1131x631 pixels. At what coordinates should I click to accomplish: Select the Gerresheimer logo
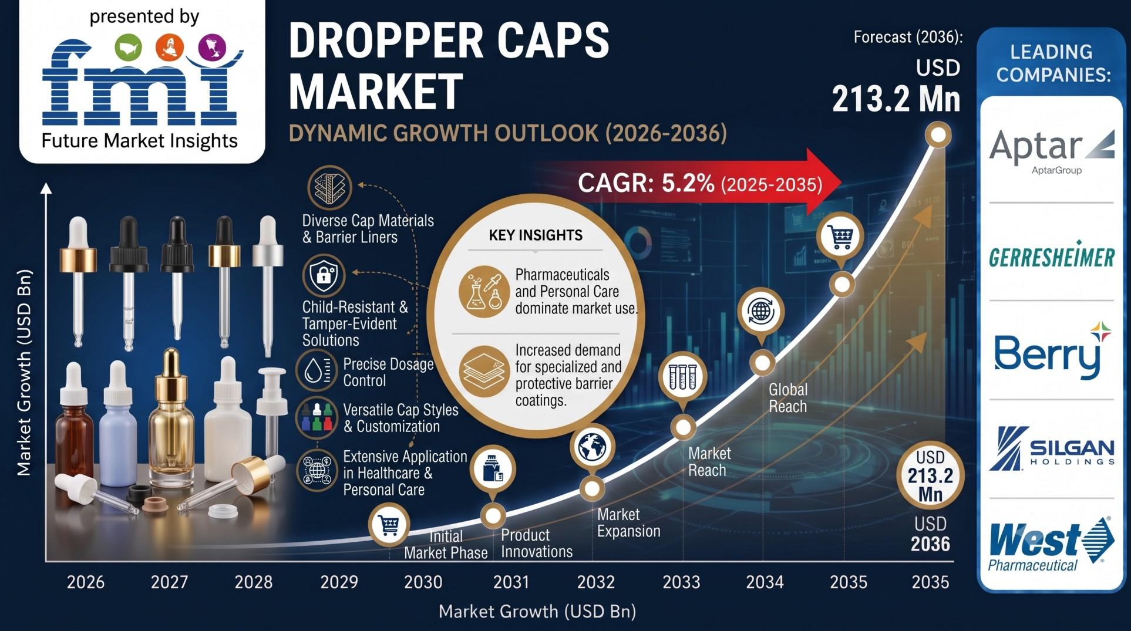[x=1051, y=255]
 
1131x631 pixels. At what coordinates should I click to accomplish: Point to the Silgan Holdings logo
[x=1051, y=448]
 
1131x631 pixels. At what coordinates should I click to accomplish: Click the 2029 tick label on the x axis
[x=339, y=582]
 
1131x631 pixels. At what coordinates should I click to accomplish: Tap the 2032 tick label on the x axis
[x=596, y=582]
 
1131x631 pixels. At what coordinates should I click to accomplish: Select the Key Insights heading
[x=536, y=235]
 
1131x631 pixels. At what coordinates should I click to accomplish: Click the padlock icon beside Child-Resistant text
[x=324, y=274]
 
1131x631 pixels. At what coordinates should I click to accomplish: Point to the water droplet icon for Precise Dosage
[x=316, y=370]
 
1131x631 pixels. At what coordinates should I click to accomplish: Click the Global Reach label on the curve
[x=788, y=398]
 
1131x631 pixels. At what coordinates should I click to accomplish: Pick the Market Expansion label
[x=628, y=523]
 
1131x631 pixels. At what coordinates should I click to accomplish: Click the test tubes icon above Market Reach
[x=682, y=376]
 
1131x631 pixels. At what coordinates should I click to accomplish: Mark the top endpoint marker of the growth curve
[x=938, y=136]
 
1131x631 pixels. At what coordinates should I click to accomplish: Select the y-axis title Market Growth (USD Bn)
[x=23, y=372]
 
